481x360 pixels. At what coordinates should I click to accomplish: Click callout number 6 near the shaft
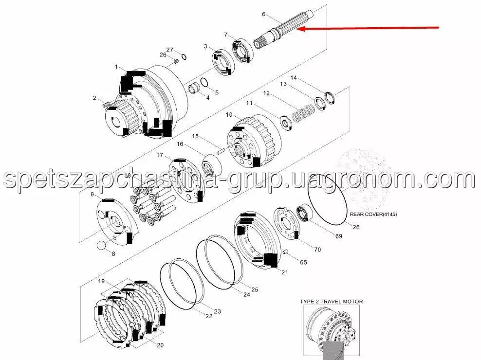(263, 14)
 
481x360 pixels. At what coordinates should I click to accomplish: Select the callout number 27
(170, 50)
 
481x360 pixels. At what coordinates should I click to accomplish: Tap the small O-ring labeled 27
(184, 57)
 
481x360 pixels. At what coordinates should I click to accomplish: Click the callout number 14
(294, 77)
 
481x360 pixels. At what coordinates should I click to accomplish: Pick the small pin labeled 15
(221, 151)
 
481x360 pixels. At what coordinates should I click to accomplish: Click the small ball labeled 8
(101, 246)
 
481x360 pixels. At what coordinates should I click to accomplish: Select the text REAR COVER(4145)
(373, 215)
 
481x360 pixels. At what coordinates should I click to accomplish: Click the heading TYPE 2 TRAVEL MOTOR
(332, 302)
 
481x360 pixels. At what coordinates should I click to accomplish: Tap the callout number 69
(339, 236)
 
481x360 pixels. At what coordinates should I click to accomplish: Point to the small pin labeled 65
(286, 252)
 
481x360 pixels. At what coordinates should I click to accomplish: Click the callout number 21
(285, 272)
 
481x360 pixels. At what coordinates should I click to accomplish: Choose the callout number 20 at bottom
(160, 345)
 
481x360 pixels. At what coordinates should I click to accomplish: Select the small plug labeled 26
(176, 61)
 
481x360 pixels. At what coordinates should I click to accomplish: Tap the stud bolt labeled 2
(106, 104)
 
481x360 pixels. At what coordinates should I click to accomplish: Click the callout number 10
(229, 115)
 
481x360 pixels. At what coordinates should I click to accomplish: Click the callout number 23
(218, 311)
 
